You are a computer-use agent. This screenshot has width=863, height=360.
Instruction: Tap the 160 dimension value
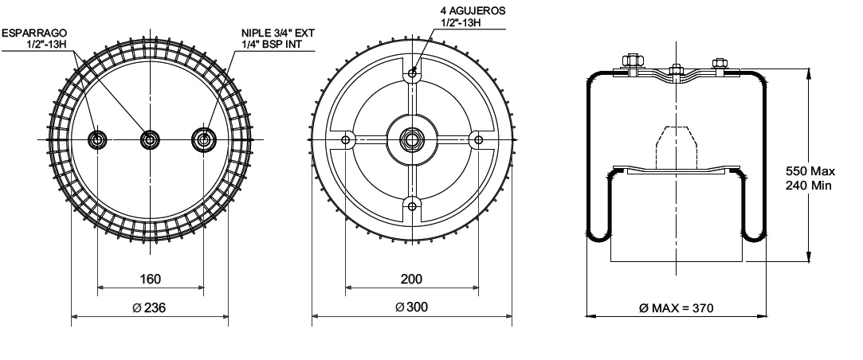(x=151, y=279)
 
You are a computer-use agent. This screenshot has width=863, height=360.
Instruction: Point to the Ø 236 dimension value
(x=151, y=307)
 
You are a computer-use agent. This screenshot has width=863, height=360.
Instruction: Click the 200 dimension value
(x=411, y=279)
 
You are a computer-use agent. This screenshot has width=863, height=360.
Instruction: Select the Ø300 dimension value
(x=411, y=307)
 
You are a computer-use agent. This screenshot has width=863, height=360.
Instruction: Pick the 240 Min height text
(x=809, y=186)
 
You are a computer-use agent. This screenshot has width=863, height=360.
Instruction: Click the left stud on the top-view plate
(x=97, y=140)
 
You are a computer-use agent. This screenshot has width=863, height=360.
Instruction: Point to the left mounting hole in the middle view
(x=345, y=140)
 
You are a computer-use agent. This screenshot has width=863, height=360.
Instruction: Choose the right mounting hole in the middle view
(x=478, y=140)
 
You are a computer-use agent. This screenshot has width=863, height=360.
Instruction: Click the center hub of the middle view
(x=411, y=140)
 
